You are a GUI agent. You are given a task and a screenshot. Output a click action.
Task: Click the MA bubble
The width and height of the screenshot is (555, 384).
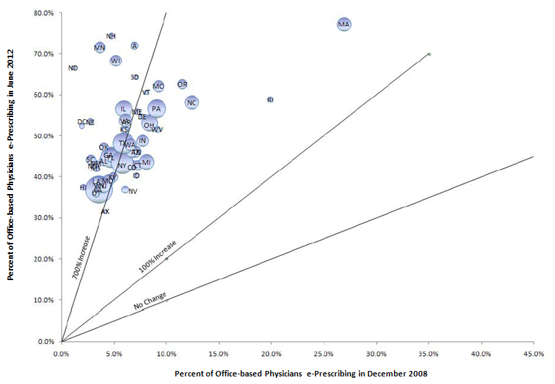[x=344, y=25]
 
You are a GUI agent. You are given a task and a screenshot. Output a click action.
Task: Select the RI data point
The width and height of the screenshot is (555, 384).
[x=270, y=100]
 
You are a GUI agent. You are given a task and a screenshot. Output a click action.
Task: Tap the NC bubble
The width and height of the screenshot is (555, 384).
[x=192, y=103]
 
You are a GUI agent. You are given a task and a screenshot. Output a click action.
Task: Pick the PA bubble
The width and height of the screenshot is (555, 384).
[x=156, y=109]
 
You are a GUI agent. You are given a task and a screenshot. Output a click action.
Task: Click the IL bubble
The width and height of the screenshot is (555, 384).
[x=123, y=109]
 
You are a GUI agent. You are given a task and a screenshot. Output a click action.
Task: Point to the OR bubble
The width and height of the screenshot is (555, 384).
[x=182, y=85]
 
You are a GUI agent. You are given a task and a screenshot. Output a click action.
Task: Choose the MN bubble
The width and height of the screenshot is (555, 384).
[x=100, y=47]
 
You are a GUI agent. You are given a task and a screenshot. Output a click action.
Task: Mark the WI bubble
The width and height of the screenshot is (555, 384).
[x=116, y=61]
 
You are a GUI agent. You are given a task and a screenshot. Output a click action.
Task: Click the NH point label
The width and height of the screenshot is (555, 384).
[x=111, y=36]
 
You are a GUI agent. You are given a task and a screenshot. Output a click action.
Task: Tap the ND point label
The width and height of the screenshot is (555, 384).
[x=73, y=68]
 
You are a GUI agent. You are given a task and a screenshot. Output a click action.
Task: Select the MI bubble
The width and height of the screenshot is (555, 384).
[x=146, y=162]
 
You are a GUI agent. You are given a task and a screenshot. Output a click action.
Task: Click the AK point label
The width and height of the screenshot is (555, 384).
[x=105, y=211]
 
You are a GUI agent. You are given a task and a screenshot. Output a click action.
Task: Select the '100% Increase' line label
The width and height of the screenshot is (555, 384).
[x=157, y=256]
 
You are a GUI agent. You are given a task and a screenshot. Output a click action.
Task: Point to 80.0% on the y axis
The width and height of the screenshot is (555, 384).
[x=44, y=12]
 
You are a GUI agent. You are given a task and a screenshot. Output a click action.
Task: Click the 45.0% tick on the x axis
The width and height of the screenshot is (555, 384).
[x=533, y=354]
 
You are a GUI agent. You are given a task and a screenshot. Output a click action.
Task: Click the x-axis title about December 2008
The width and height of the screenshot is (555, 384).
[x=301, y=373]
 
